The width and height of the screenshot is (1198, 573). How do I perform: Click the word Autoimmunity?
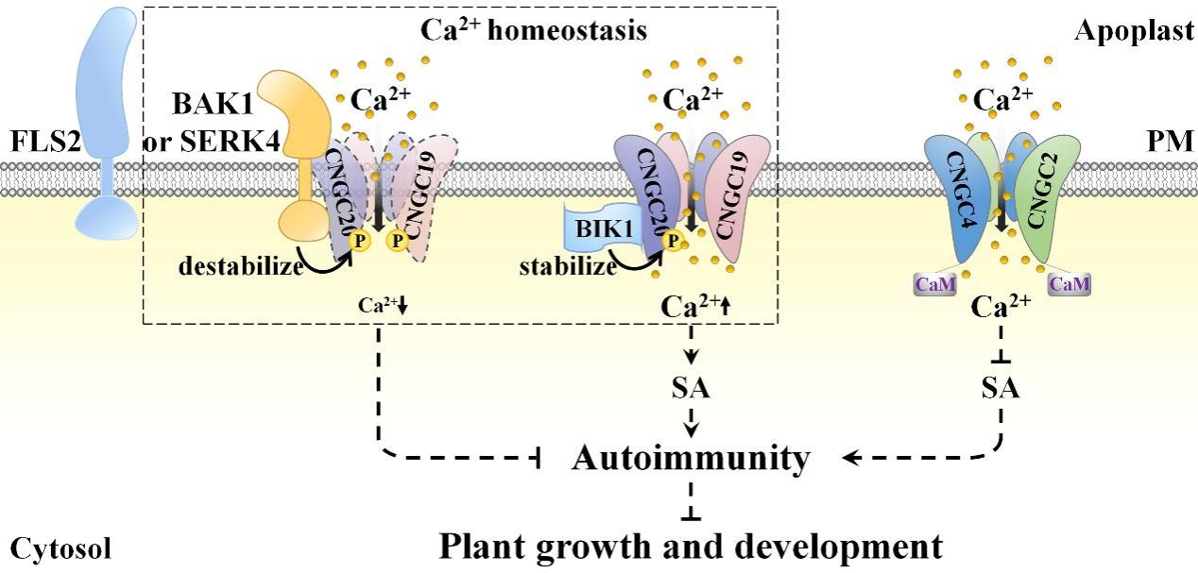point(692,459)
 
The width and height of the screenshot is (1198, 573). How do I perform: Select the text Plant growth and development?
point(691,546)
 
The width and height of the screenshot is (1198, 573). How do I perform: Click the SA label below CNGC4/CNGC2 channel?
point(1001,388)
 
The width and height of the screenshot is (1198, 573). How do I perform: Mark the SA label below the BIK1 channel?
point(693,388)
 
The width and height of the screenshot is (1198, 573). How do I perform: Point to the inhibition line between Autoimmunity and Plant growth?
point(693,501)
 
